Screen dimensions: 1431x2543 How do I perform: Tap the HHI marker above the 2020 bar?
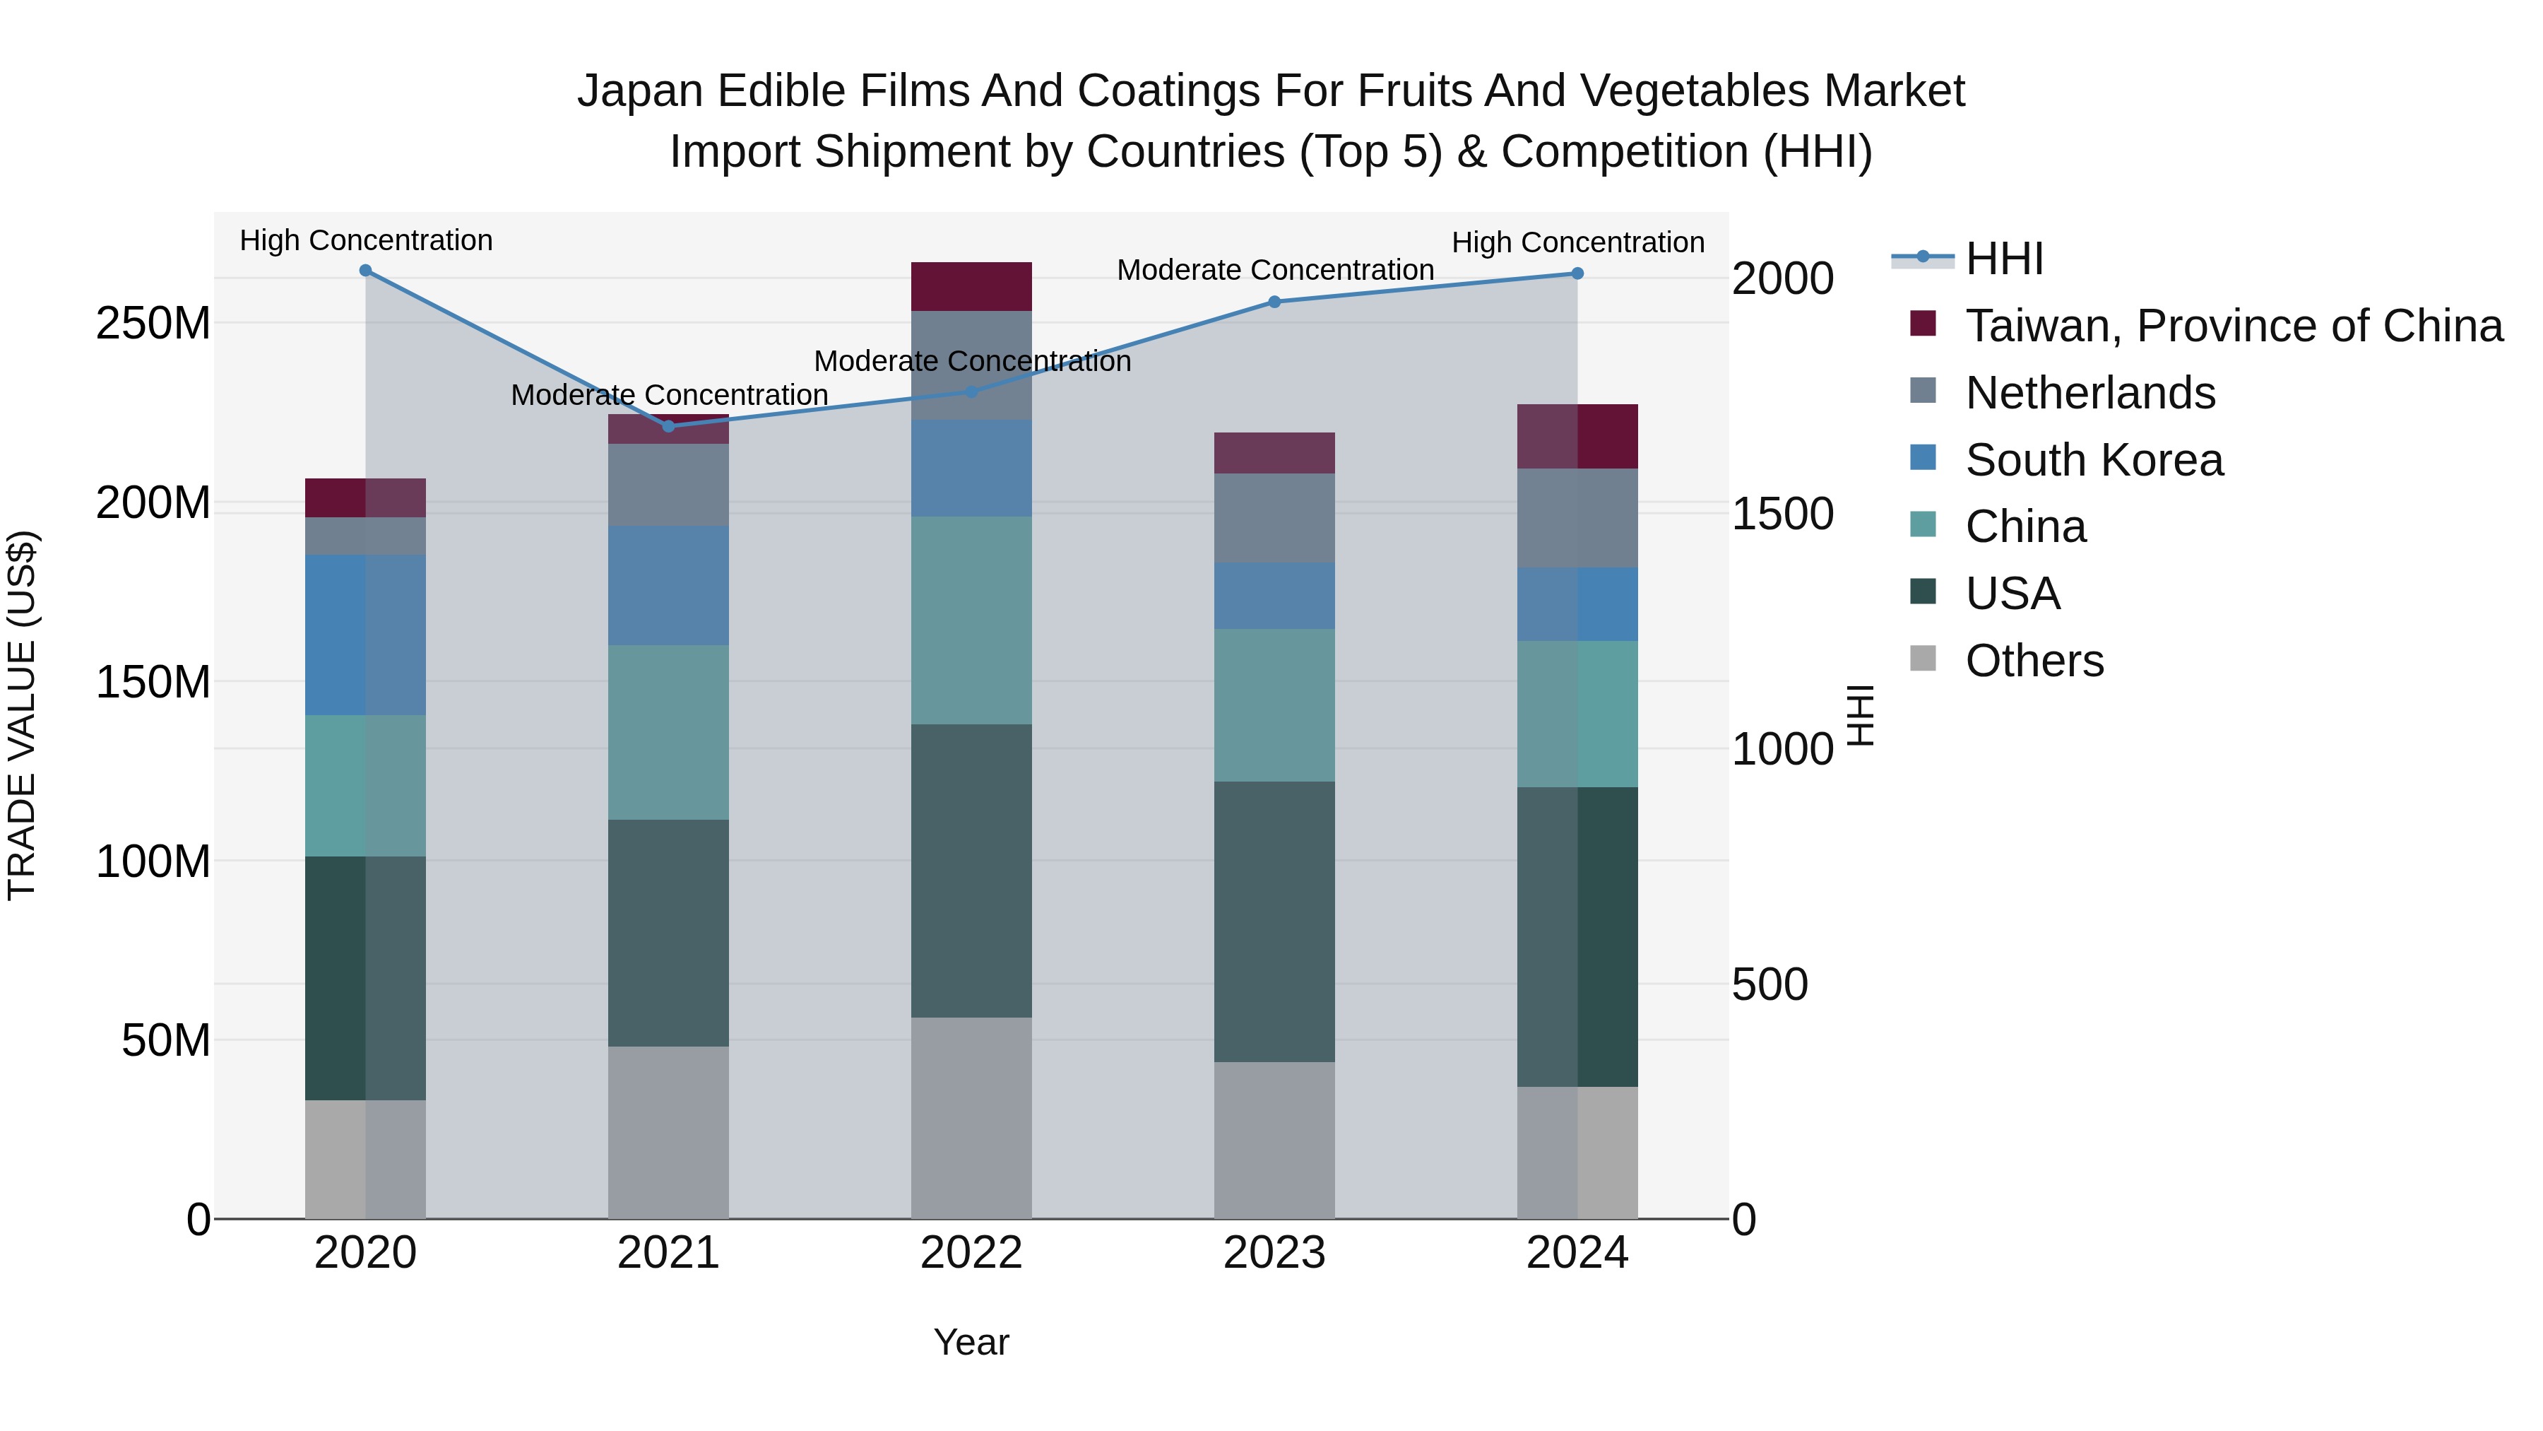365,271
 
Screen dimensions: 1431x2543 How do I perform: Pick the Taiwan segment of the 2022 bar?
971,286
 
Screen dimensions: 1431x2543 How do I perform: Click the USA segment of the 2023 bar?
1274,921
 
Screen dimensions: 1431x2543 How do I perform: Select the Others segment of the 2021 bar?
668,1132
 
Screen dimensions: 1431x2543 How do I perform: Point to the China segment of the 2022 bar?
971,620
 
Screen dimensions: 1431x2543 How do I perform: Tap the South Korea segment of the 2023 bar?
1274,596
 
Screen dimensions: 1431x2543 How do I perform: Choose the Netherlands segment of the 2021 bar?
668,485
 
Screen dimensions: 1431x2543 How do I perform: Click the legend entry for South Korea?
2094,460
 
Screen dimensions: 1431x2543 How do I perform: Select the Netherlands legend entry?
2090,393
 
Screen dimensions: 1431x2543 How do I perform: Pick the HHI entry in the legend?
2004,259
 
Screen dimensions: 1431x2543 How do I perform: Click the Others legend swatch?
1923,659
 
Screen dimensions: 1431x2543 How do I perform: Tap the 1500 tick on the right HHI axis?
1783,514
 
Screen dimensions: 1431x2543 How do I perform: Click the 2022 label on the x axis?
971,1253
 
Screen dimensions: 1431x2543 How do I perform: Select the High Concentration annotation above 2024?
1577,242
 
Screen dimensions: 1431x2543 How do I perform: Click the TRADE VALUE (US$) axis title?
22,715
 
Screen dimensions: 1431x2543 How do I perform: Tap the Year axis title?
971,1342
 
